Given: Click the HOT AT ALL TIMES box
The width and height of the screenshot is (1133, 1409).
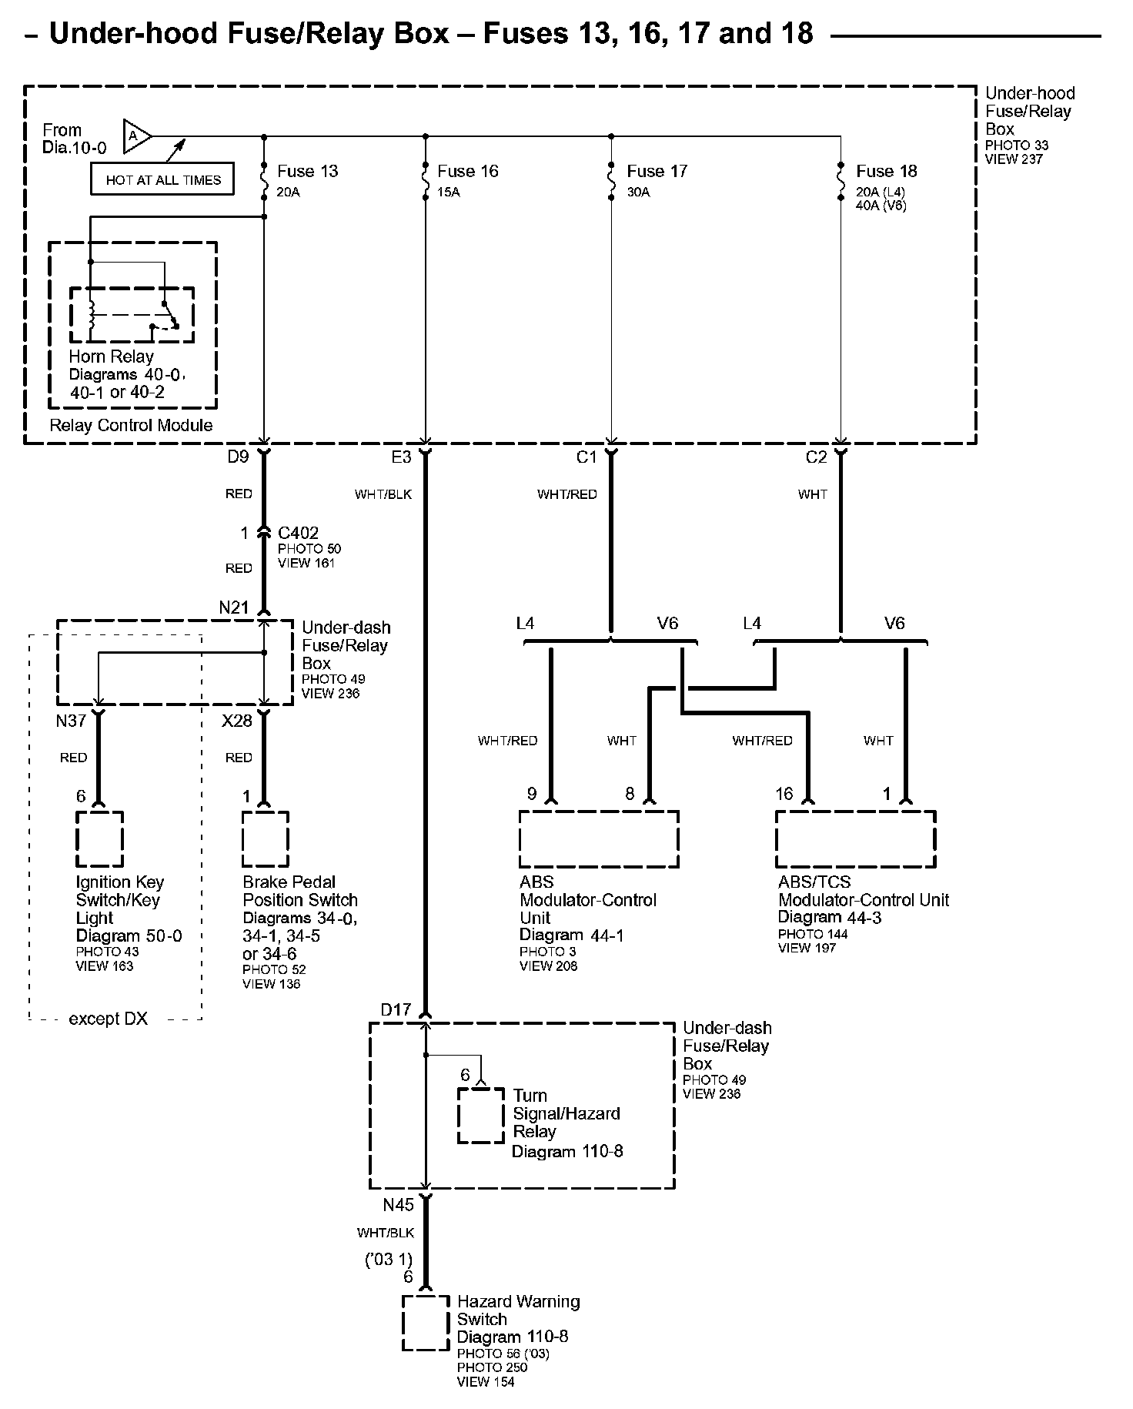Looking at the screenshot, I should coord(162,180).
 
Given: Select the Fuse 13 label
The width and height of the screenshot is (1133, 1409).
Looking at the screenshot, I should coord(307,171).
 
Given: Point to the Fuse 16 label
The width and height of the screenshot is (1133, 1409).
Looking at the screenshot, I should coord(467,171).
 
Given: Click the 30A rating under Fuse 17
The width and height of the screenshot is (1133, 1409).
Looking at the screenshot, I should coord(638,192).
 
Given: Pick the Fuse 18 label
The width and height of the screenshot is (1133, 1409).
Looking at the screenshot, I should coord(886,171).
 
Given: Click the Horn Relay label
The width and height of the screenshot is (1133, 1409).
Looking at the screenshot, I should coord(111,356).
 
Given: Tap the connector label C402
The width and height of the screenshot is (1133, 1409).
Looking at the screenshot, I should coord(298,533).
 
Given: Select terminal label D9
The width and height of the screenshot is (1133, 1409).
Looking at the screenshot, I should coord(238,457).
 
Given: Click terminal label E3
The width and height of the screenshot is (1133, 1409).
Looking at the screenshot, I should coord(401,457).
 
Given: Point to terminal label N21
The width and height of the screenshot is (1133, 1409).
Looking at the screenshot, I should coord(234,607).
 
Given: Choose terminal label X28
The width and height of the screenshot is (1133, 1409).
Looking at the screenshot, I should coord(237,721).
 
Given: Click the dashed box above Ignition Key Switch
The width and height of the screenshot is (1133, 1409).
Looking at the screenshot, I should coord(99,838).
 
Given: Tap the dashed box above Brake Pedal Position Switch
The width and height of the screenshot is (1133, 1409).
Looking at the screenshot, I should coord(266,838).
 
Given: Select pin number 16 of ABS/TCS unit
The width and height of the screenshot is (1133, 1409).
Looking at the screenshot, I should coord(784,794).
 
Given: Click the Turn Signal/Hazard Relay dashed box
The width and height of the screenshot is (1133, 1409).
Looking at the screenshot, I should coord(481,1115).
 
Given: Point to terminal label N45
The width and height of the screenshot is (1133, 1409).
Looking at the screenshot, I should coord(398,1205).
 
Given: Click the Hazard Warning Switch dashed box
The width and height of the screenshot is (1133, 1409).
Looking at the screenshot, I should coord(426,1323).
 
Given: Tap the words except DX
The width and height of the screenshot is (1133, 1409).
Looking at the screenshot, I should coord(108,1019).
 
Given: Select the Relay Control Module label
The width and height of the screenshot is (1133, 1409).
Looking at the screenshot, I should coord(131,425).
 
